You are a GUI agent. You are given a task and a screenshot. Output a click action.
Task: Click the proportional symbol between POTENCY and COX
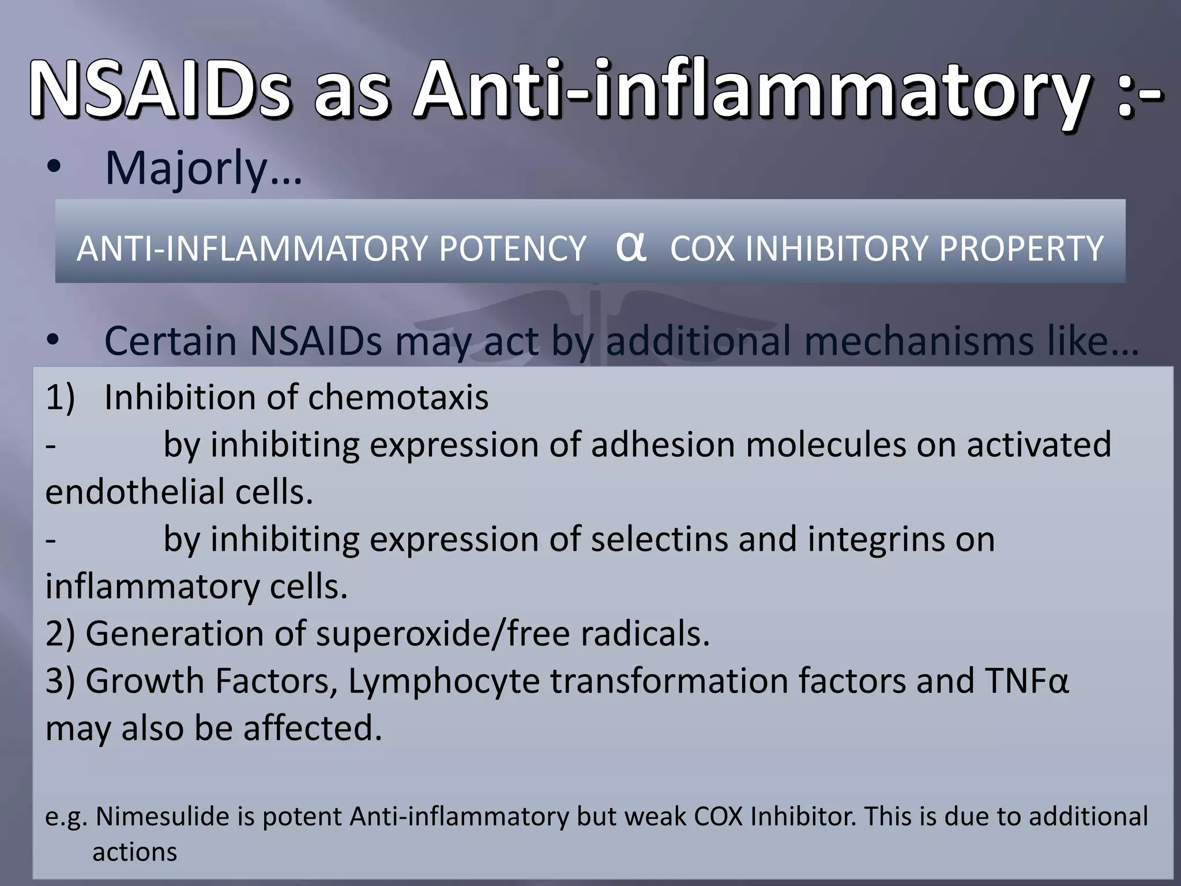tap(630, 246)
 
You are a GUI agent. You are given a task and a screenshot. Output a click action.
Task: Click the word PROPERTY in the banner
tap(1021, 249)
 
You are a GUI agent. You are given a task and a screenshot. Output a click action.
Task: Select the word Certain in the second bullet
tap(171, 341)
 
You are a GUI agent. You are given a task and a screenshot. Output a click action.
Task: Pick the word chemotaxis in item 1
tap(398, 397)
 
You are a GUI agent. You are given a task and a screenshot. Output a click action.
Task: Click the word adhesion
tap(663, 445)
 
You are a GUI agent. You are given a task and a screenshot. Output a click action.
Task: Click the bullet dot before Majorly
tap(54, 168)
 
